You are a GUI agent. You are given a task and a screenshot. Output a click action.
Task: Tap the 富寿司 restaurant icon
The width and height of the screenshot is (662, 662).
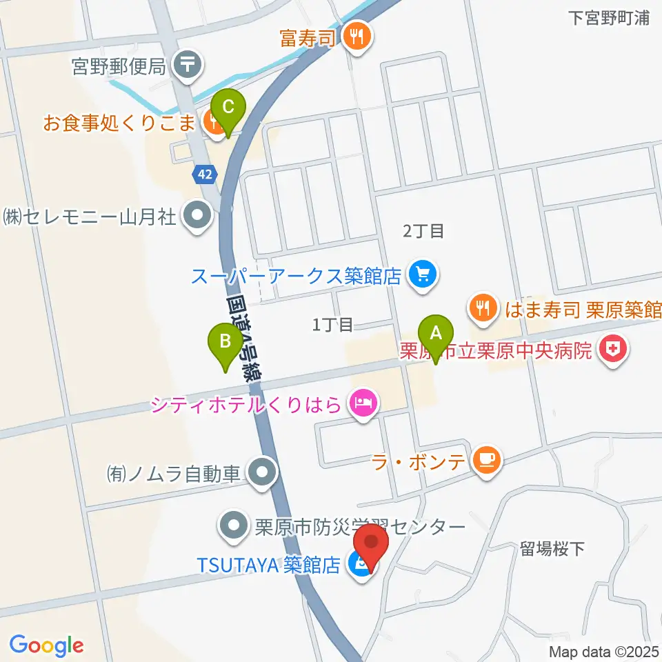(x=357, y=37)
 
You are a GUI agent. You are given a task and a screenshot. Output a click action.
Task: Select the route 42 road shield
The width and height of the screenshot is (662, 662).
(x=204, y=174)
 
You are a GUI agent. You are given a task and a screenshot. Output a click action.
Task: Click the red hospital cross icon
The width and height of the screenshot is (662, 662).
(x=611, y=351)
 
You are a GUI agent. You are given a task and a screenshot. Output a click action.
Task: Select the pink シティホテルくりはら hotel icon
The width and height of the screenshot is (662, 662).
(x=363, y=403)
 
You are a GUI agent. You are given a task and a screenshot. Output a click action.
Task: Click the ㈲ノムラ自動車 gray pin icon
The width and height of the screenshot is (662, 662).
(x=262, y=474)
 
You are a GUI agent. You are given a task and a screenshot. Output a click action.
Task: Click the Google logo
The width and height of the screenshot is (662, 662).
(x=46, y=645)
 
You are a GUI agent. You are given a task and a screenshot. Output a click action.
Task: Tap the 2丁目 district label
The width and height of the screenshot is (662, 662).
(x=423, y=231)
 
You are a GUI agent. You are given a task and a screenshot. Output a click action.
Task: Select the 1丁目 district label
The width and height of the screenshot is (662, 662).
(x=332, y=324)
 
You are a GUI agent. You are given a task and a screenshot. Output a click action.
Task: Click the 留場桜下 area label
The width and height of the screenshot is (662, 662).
(x=552, y=549)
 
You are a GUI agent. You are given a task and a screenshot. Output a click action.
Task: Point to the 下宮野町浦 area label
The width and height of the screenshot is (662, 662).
(x=610, y=18)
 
